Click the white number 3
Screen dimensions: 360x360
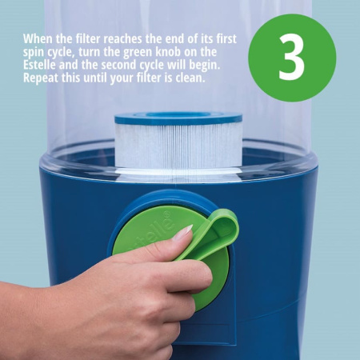[291, 57]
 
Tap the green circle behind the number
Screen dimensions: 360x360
[292, 58]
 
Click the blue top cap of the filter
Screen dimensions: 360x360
[178, 118]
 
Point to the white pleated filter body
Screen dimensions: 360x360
[178, 146]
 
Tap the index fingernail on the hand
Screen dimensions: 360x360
[183, 232]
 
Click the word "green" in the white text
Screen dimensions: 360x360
[138, 53]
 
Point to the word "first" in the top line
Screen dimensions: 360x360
[226, 39]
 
